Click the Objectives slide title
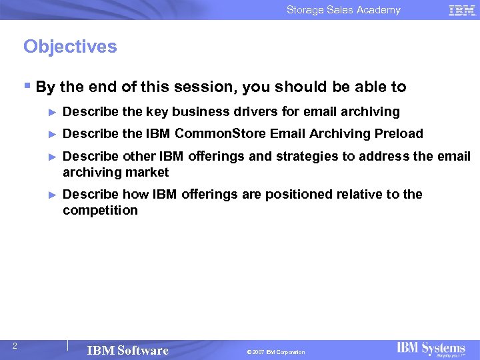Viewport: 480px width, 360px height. (x=70, y=47)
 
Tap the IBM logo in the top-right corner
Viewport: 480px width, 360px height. (x=462, y=10)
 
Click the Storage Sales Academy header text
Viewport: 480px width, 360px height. (x=343, y=10)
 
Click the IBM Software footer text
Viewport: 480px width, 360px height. (x=127, y=351)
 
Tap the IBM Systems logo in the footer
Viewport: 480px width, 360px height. (x=431, y=349)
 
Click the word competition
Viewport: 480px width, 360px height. (x=100, y=211)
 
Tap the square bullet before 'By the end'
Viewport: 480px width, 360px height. (x=27, y=87)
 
